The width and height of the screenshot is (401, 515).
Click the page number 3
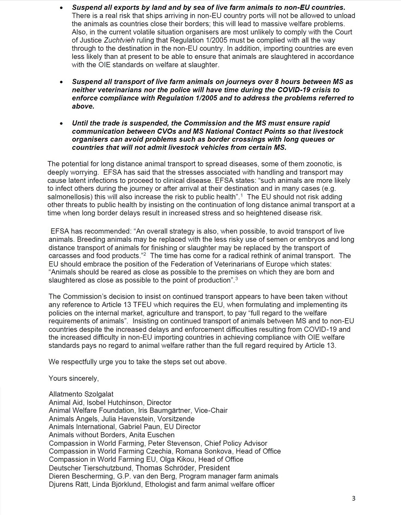click(354, 499)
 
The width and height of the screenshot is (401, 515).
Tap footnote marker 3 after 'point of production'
click(236, 279)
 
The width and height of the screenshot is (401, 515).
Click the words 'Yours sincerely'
click(74, 378)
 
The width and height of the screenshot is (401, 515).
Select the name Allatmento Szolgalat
click(81, 394)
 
